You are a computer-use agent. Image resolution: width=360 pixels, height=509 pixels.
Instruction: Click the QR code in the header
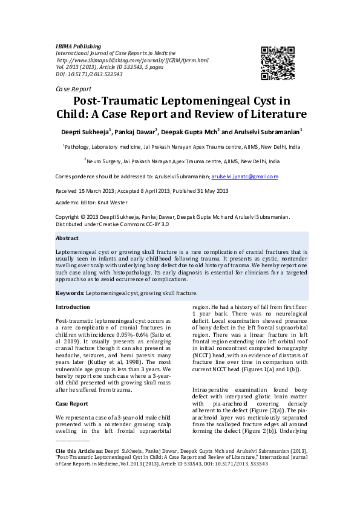(x=278, y=63)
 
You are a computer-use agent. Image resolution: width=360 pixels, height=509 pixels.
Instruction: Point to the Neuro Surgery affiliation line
(x=182, y=162)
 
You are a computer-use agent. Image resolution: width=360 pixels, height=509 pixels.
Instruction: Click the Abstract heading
(x=67, y=238)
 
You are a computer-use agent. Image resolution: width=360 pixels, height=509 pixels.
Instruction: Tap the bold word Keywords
(x=69, y=293)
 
